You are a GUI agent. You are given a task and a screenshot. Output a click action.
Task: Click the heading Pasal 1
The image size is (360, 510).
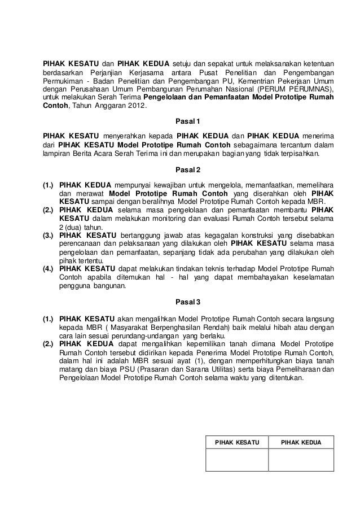point(187,121)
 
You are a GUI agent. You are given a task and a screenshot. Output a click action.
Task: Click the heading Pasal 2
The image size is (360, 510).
point(187,169)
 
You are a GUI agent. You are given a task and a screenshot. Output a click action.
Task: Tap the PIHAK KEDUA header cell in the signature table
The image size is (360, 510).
point(301,442)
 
